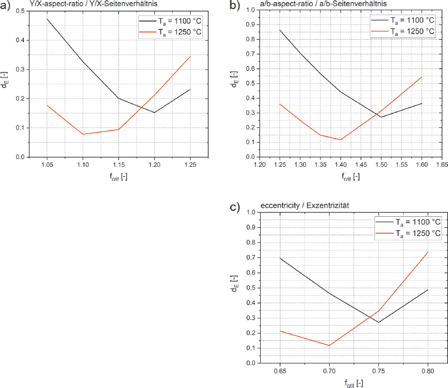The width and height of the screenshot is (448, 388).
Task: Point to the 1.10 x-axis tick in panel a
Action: point(83,165)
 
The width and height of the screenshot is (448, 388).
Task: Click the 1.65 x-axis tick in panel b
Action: point(442,165)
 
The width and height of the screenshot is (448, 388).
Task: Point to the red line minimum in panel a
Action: point(83,134)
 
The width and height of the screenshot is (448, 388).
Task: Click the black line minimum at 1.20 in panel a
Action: point(155,112)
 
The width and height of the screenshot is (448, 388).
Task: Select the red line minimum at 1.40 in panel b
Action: point(340,140)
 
